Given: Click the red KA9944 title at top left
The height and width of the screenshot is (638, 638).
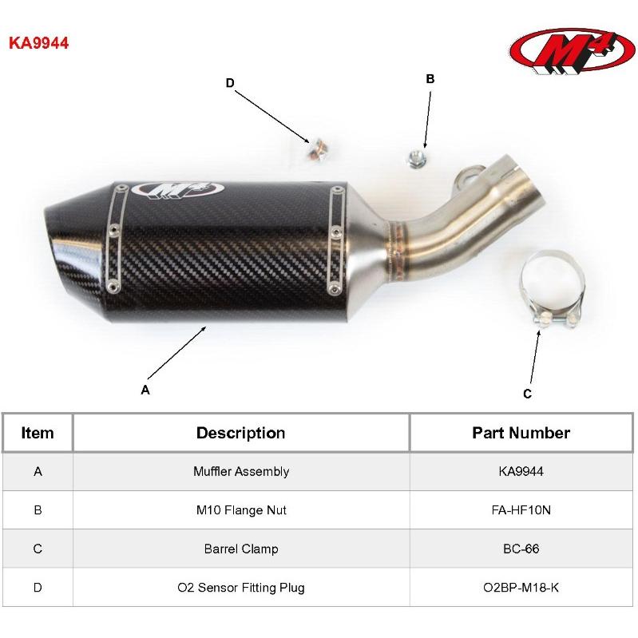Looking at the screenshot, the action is pyautogui.click(x=38, y=43).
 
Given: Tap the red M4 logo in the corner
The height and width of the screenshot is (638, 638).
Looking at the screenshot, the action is pyautogui.click(x=572, y=51).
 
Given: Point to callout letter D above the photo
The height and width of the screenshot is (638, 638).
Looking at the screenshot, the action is pyautogui.click(x=230, y=83).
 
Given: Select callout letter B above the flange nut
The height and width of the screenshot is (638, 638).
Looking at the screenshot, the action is pyautogui.click(x=430, y=79).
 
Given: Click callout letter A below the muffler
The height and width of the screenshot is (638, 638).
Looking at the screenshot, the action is pyautogui.click(x=145, y=390).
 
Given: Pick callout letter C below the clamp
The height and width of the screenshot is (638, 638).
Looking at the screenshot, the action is pyautogui.click(x=527, y=394).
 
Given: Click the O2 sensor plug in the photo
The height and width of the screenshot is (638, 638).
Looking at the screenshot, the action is pyautogui.click(x=317, y=150).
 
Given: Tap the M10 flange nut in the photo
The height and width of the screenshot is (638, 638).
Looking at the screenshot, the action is pyautogui.click(x=417, y=158).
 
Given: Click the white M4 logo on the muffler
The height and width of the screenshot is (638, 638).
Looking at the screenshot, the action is pyautogui.click(x=178, y=189).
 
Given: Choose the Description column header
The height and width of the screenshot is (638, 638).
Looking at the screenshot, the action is pyautogui.click(x=241, y=433).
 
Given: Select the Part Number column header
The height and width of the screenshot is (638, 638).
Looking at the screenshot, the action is pyautogui.click(x=521, y=433).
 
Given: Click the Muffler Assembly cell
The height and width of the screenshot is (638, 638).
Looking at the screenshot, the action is pyautogui.click(x=241, y=472).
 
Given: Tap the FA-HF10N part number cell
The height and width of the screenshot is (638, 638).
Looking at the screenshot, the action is pyautogui.click(x=521, y=510).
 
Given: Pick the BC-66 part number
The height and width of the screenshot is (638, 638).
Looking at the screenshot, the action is pyautogui.click(x=521, y=549).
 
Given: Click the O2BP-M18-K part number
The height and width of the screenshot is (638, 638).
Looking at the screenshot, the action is pyautogui.click(x=521, y=588).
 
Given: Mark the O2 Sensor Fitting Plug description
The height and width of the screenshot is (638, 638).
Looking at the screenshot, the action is pyautogui.click(x=241, y=588).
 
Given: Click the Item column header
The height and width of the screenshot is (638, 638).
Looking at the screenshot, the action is pyautogui.click(x=38, y=433).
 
